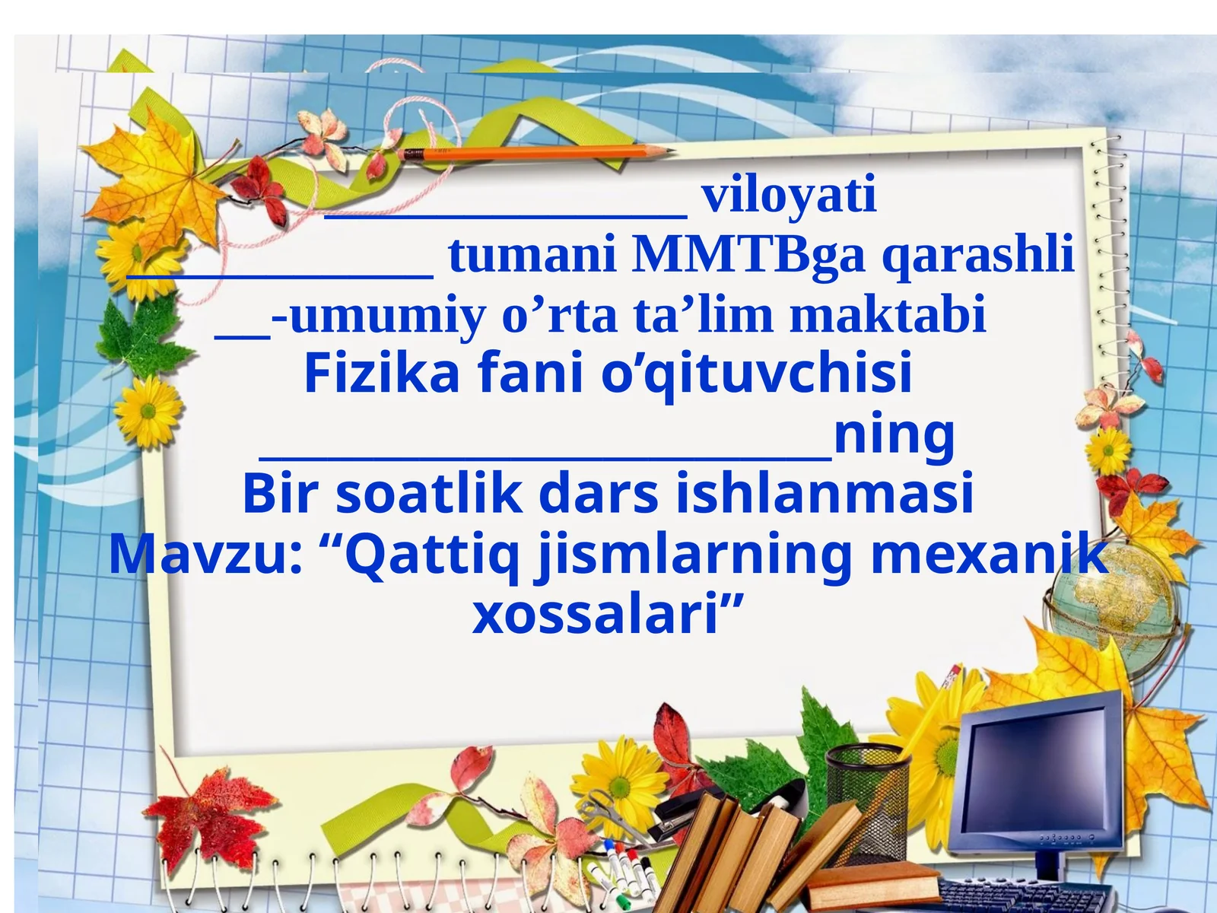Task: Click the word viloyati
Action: (x=789, y=195)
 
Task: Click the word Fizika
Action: (x=382, y=374)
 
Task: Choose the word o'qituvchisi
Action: (x=756, y=374)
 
